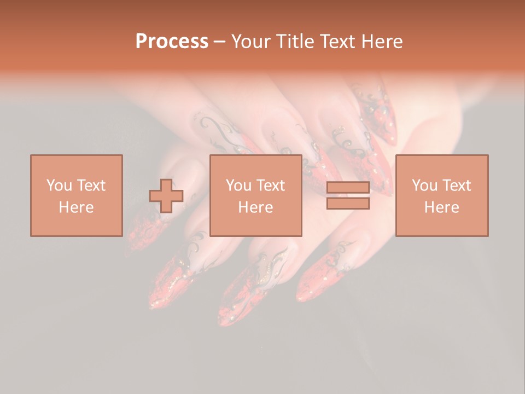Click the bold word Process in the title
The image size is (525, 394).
172,42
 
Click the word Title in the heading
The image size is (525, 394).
294,42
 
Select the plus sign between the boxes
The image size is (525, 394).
166,196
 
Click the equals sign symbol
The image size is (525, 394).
348,196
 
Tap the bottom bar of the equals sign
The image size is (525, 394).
348,204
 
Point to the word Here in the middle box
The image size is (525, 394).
255,207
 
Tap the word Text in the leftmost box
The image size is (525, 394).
90,186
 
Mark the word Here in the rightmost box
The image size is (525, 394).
441,207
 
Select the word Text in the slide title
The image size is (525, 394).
336,42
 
